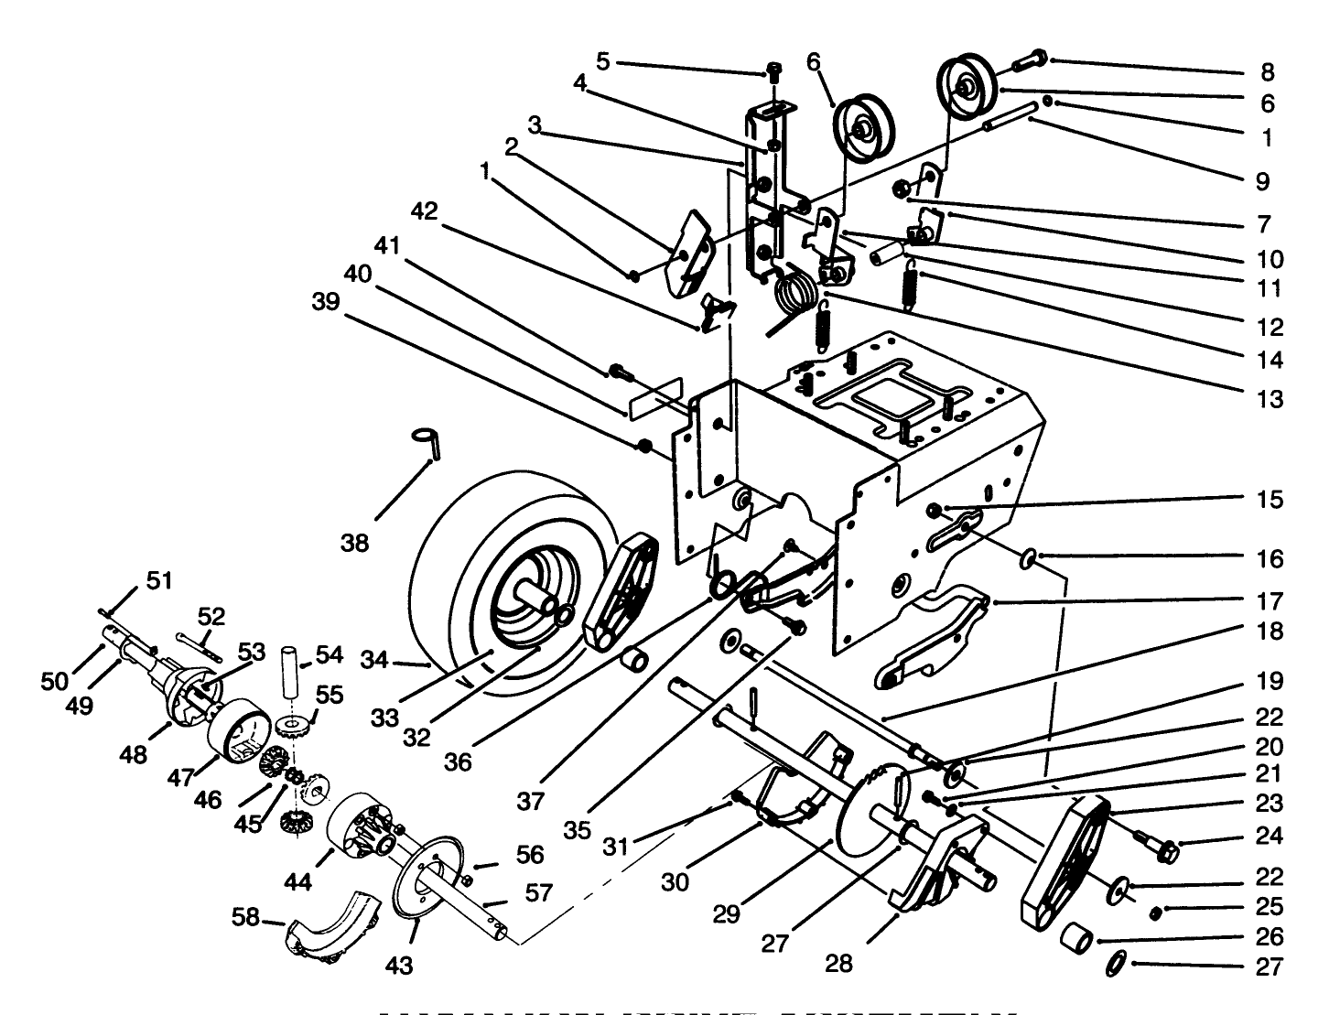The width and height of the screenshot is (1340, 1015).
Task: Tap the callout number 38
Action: click(354, 543)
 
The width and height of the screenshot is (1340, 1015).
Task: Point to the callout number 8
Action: click(1267, 71)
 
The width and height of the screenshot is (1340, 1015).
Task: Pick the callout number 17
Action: click(1270, 601)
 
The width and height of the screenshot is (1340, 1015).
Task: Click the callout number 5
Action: click(602, 61)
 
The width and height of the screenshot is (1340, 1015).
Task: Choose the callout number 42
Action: click(424, 211)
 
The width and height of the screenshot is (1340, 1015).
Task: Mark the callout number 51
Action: click(159, 580)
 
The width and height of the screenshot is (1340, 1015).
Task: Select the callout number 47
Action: click(182, 777)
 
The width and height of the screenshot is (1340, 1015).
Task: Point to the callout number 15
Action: click(1270, 500)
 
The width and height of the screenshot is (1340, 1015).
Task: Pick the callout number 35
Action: click(577, 830)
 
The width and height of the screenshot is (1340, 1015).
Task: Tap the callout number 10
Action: click(1270, 259)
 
